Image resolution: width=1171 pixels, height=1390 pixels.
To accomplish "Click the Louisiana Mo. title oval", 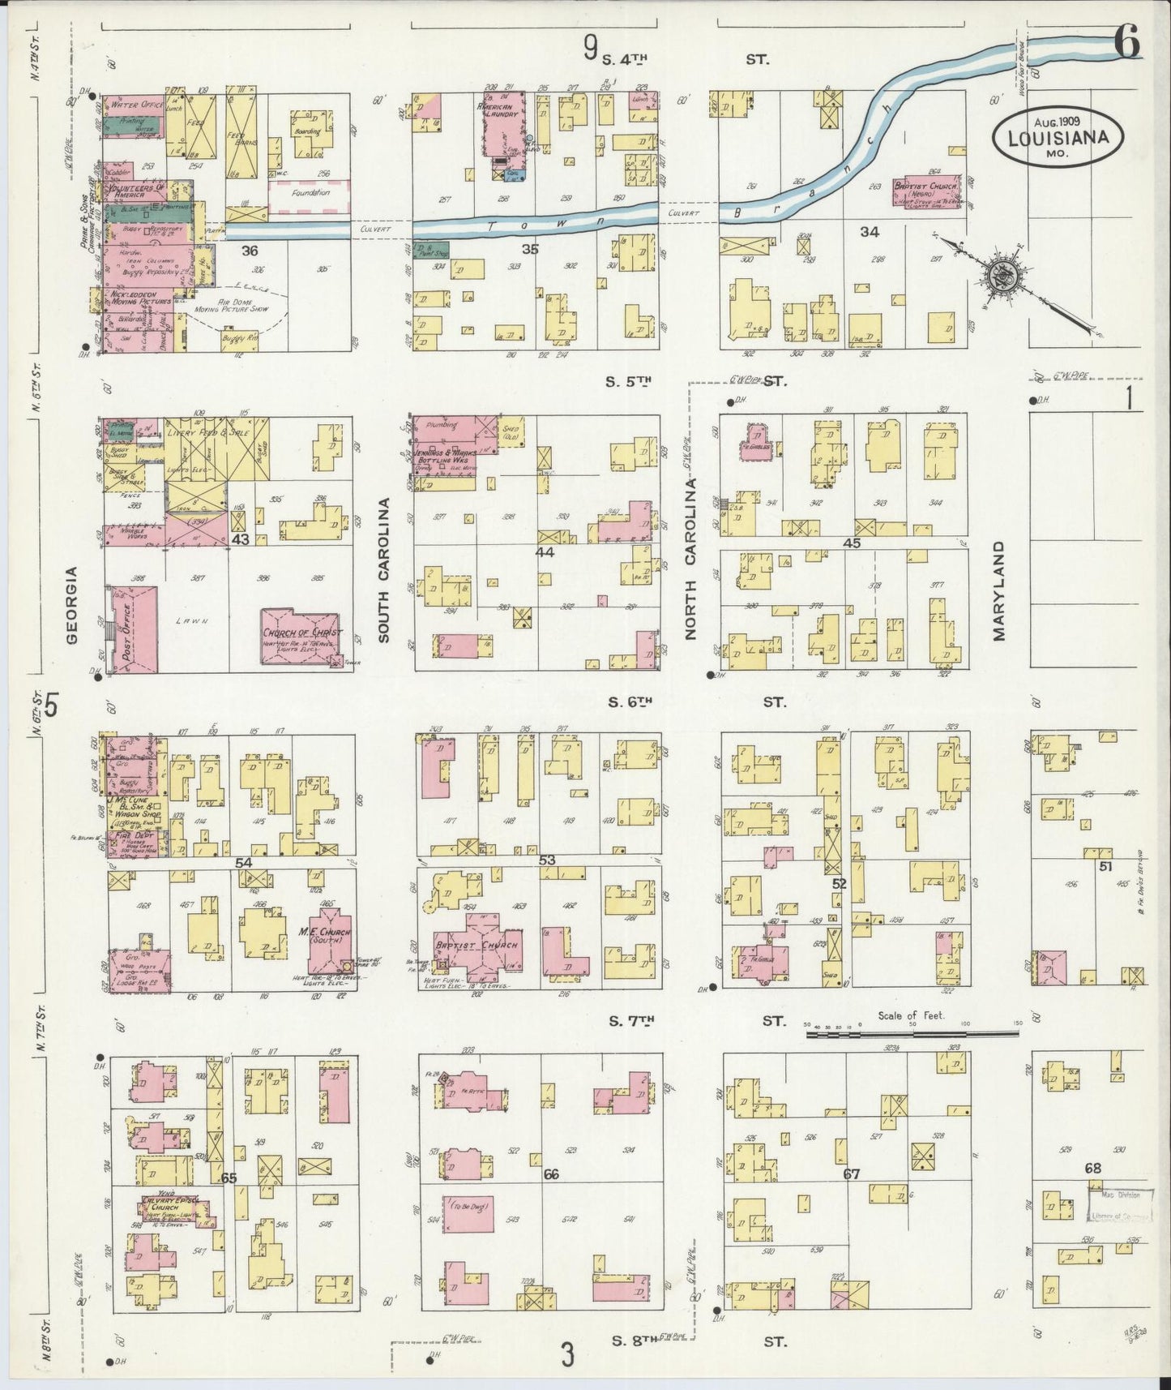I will pos(1058,137).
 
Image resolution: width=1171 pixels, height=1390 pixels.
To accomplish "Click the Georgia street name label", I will pos(71,604).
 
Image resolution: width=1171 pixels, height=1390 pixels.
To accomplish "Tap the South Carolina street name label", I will pos(384,570).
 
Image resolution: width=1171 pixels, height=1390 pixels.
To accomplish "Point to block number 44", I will pos(545,551).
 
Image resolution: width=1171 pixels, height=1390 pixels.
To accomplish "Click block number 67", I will pos(851,1173).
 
